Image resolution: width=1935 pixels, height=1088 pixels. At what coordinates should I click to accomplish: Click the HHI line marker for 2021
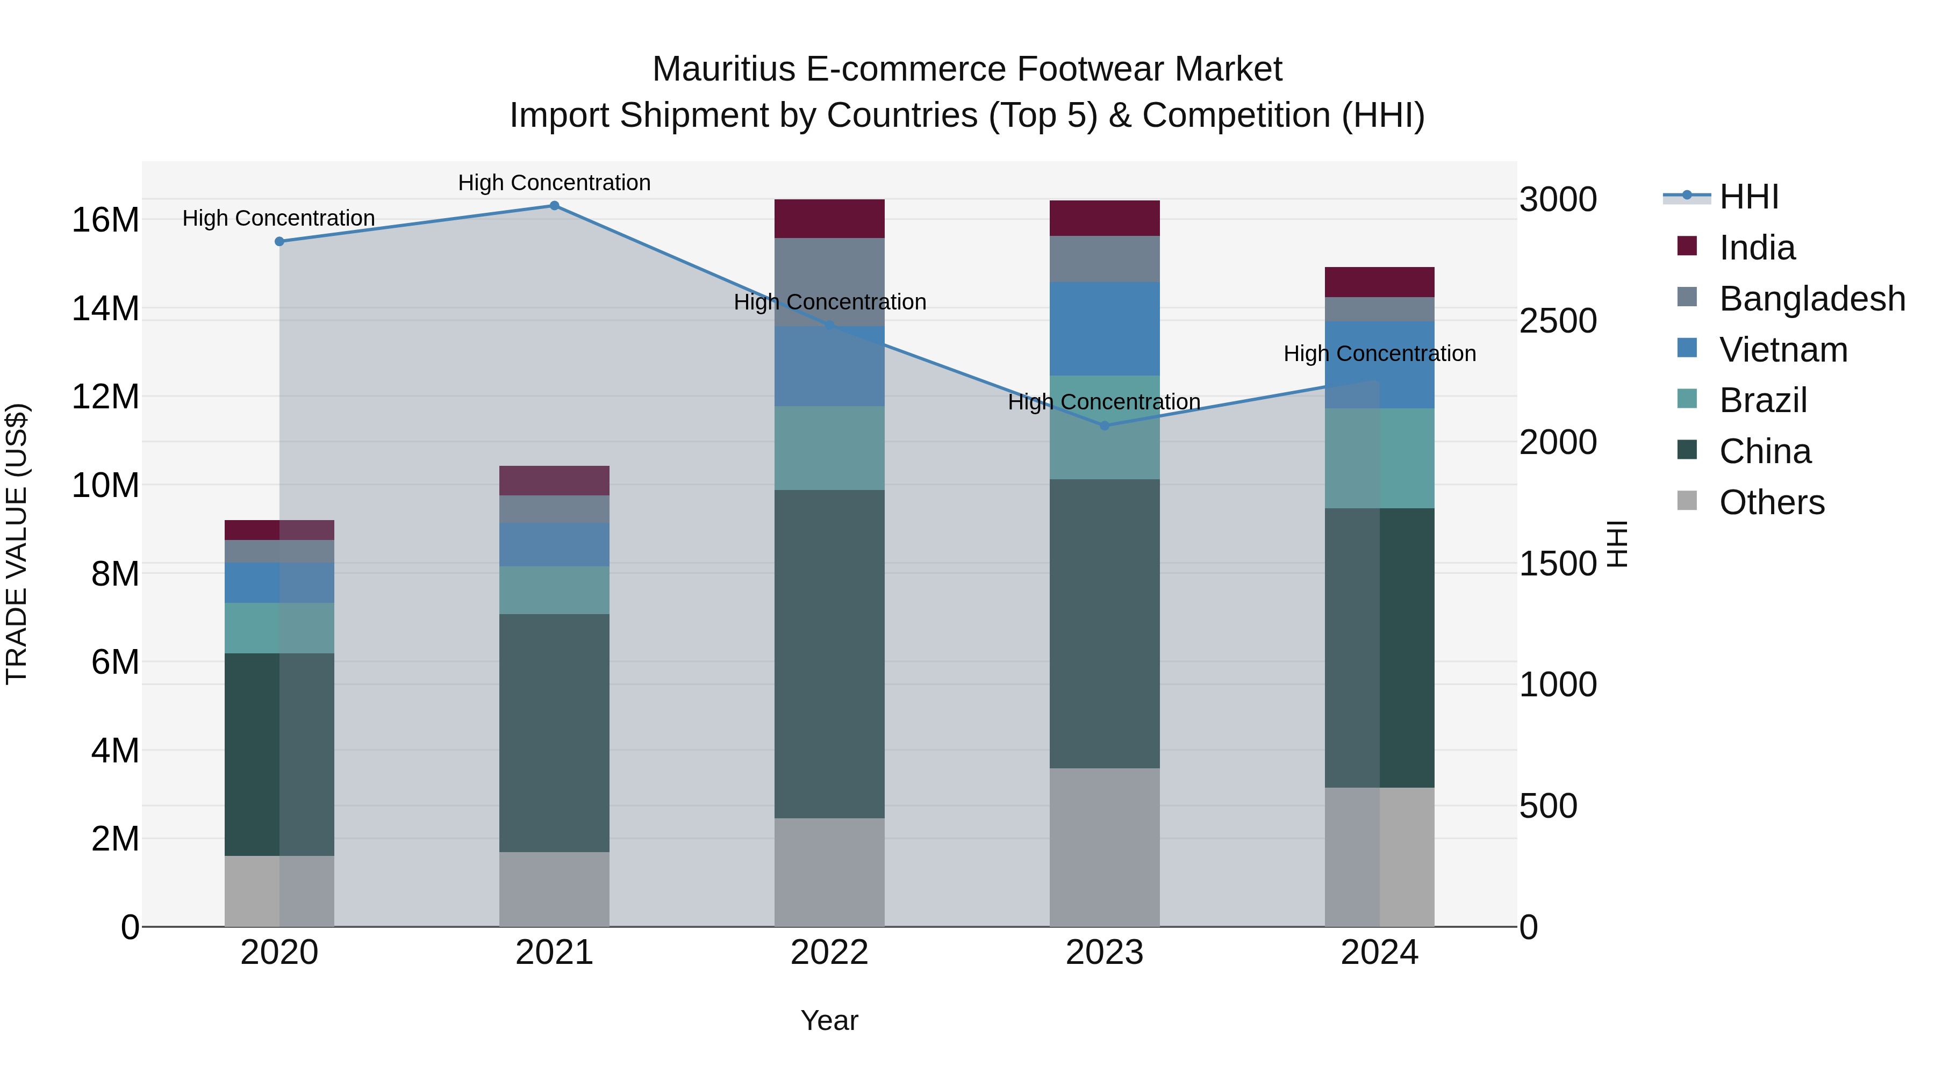pyautogui.click(x=554, y=206)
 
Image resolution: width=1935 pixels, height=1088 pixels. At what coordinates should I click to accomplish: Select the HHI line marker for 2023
pyautogui.click(x=1104, y=426)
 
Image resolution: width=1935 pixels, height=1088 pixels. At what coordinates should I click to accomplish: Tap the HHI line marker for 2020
pyautogui.click(x=279, y=242)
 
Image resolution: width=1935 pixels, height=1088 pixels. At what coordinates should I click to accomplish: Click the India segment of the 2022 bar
pyautogui.click(x=829, y=219)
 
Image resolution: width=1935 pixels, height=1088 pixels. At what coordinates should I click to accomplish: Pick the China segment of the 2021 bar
pyautogui.click(x=554, y=733)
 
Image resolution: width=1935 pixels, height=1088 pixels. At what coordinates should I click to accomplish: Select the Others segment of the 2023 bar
pyautogui.click(x=1104, y=847)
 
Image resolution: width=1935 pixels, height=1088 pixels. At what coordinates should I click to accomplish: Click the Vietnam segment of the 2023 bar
pyautogui.click(x=1104, y=329)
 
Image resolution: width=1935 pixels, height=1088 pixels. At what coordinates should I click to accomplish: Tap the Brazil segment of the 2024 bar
pyautogui.click(x=1379, y=458)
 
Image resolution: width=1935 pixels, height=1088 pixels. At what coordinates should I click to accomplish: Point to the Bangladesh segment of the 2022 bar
pyautogui.click(x=829, y=282)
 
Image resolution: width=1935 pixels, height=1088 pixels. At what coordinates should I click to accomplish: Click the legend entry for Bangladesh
pyautogui.click(x=1812, y=299)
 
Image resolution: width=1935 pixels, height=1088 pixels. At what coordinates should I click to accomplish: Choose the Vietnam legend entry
pyautogui.click(x=1783, y=350)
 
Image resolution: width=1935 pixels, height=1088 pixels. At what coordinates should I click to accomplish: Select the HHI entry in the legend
pyautogui.click(x=1748, y=197)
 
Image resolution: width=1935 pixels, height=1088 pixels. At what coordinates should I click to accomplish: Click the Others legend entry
pyautogui.click(x=1771, y=502)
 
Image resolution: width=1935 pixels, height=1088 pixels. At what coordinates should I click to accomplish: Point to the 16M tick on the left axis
pyautogui.click(x=105, y=220)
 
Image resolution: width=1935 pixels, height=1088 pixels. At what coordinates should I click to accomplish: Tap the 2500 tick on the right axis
pyautogui.click(x=1558, y=321)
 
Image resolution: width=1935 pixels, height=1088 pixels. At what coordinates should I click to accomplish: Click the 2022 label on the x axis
pyautogui.click(x=829, y=953)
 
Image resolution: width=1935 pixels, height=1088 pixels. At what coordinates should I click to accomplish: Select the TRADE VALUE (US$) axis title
pyautogui.click(x=17, y=544)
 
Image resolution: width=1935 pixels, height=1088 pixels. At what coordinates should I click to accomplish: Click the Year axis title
pyautogui.click(x=829, y=1020)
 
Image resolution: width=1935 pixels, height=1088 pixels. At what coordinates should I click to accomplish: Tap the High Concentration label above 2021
pyautogui.click(x=554, y=183)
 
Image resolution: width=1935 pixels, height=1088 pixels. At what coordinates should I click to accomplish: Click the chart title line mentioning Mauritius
pyautogui.click(x=967, y=69)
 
